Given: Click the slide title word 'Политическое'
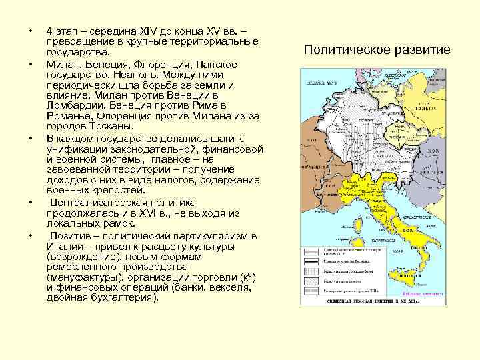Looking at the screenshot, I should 344,50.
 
